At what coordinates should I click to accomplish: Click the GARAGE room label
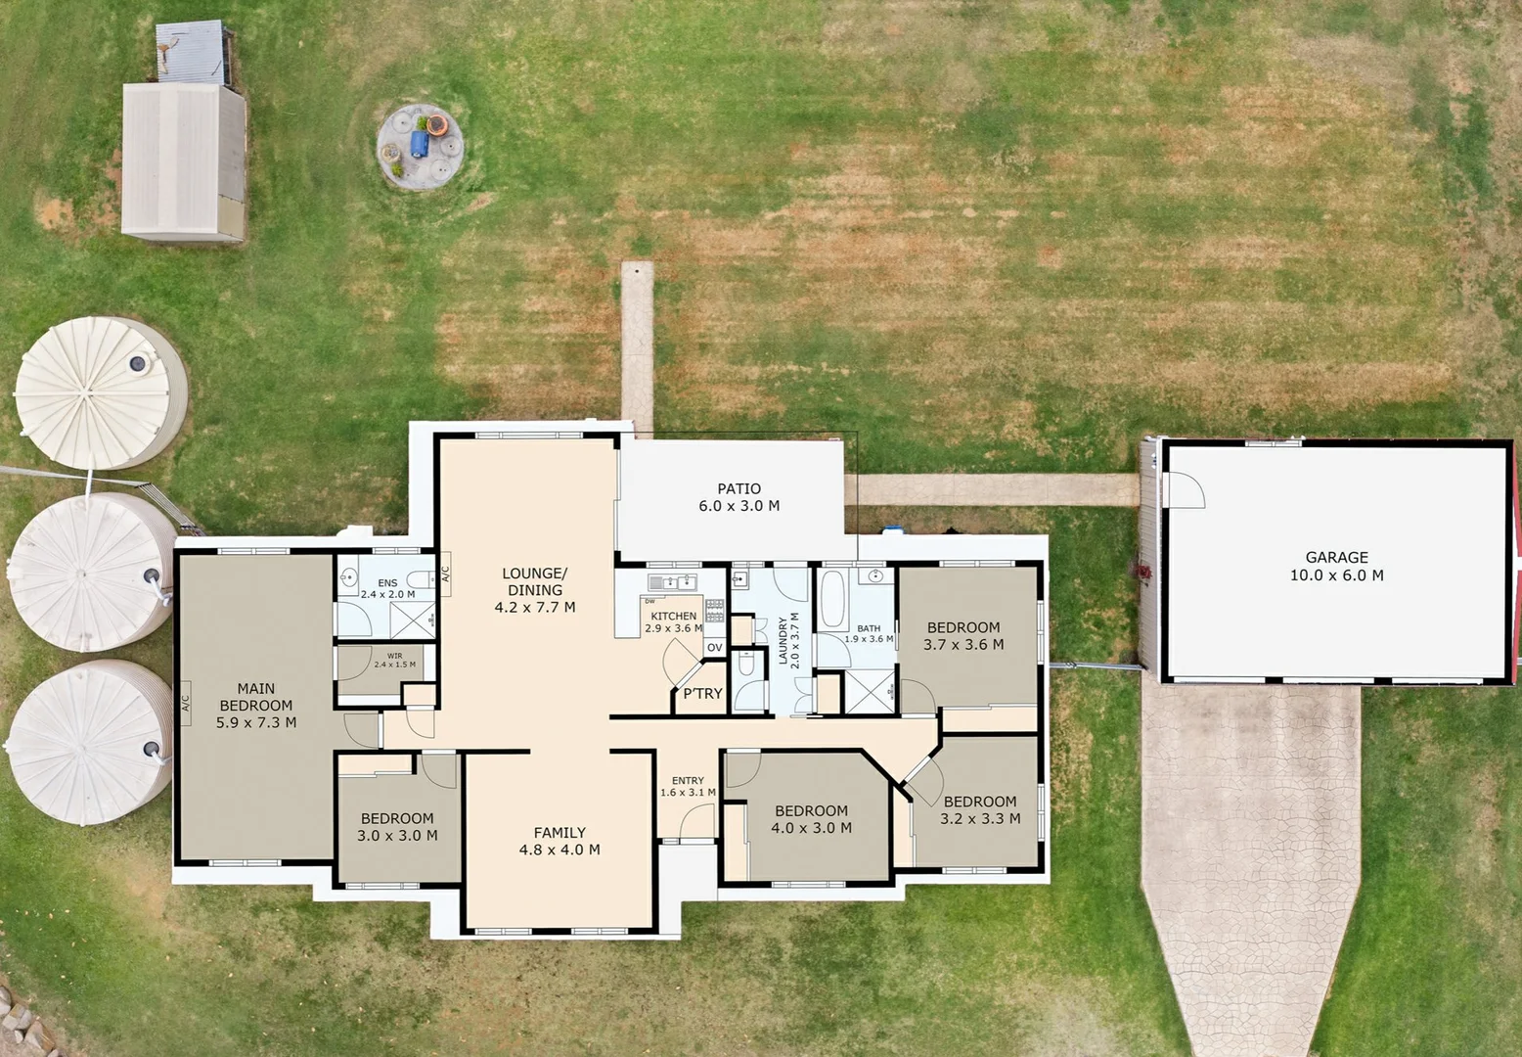coord(1336,557)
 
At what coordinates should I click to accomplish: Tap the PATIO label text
coord(739,488)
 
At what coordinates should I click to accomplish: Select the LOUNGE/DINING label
coord(535,581)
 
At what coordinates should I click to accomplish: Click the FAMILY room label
coord(560,833)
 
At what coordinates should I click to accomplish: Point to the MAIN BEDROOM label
coord(256,697)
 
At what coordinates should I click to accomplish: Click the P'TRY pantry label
coord(702,694)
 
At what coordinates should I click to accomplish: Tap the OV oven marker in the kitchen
coord(715,648)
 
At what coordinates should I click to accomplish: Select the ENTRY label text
coord(688,781)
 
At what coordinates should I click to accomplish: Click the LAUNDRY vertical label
coord(783,641)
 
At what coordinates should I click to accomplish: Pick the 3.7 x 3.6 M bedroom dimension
coord(963,645)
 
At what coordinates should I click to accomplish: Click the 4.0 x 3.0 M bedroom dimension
coord(811,828)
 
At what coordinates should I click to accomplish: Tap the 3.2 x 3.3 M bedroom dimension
coord(980,819)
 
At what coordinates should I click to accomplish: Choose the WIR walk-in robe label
coord(394,656)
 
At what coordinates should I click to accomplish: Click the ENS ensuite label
coord(387,583)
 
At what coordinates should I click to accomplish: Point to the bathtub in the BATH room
coord(832,599)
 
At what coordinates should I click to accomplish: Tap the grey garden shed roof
coord(182,160)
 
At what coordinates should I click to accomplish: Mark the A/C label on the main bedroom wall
coord(185,703)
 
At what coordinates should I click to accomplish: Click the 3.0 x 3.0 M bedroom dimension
coord(397,836)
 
